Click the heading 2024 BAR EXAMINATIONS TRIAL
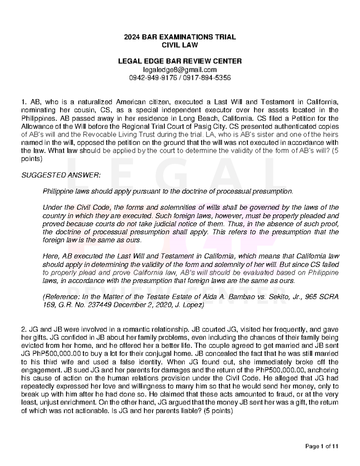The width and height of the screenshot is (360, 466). click(x=180, y=37)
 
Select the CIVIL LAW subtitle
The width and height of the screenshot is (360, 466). click(x=180, y=45)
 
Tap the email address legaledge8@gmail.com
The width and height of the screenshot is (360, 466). click(x=180, y=70)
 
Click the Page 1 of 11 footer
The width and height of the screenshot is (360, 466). click(x=322, y=446)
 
